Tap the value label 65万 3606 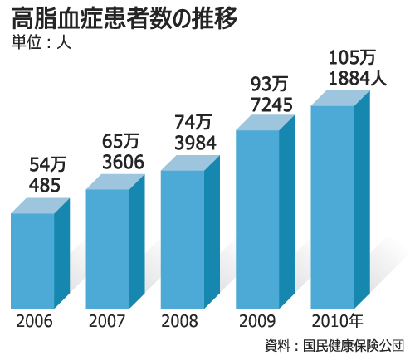(123, 149)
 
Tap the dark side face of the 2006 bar (61, 253)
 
